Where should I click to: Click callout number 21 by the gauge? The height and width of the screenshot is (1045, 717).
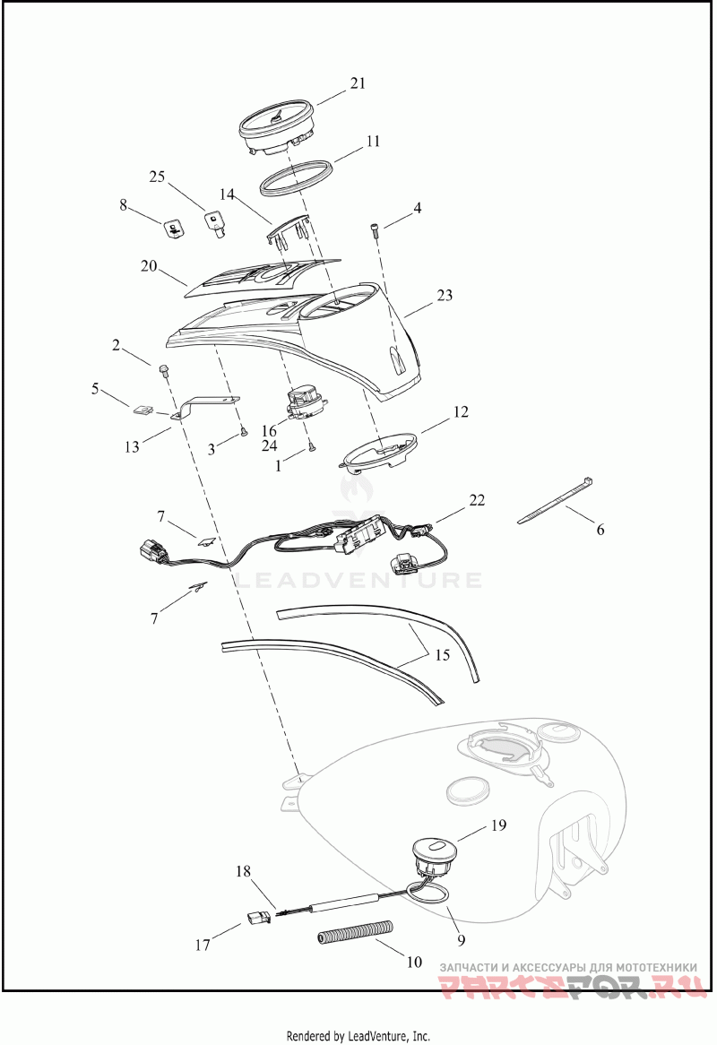coord(358,83)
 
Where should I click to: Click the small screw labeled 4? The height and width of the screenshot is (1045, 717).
coord(375,231)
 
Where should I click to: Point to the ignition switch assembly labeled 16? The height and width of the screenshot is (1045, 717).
coord(306,405)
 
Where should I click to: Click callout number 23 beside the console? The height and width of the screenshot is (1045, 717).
coord(445,295)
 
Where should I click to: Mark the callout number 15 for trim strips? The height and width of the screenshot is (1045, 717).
coord(443,655)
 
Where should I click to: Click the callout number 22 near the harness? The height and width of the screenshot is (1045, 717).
coord(477,500)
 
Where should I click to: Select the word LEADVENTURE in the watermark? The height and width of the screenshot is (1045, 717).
coord(358,580)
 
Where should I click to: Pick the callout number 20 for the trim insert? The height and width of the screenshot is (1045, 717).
coord(149,266)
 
